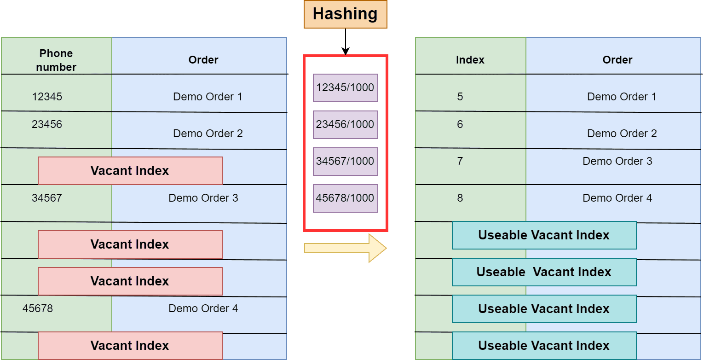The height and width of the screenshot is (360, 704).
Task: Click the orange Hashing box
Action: pos(345,14)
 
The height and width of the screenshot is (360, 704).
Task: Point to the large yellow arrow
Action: pos(345,248)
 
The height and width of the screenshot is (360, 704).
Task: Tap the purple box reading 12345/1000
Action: pos(345,87)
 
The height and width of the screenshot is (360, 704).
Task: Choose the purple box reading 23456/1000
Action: pos(345,124)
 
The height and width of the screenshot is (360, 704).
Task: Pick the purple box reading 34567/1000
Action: pos(345,161)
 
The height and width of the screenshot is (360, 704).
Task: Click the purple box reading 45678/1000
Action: pos(345,198)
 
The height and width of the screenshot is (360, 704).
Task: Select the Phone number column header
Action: pos(56,60)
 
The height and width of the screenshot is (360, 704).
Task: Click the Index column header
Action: pos(470,60)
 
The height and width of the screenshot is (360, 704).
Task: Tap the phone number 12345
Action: pos(47,97)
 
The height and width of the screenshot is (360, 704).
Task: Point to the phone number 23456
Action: pos(47,124)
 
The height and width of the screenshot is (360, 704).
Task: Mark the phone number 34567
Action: pos(47,198)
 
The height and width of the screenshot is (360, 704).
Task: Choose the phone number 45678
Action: pos(38,308)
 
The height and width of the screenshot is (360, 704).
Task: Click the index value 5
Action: pos(460,97)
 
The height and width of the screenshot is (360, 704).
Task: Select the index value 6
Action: pos(460,124)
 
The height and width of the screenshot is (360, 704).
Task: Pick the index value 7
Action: pos(460,161)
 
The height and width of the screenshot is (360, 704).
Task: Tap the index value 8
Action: pos(460,198)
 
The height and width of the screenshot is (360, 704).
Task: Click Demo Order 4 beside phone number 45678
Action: pos(203,308)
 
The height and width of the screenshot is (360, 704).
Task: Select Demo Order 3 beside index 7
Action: pos(617,161)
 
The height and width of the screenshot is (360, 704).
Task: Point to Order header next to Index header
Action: pos(617,60)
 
